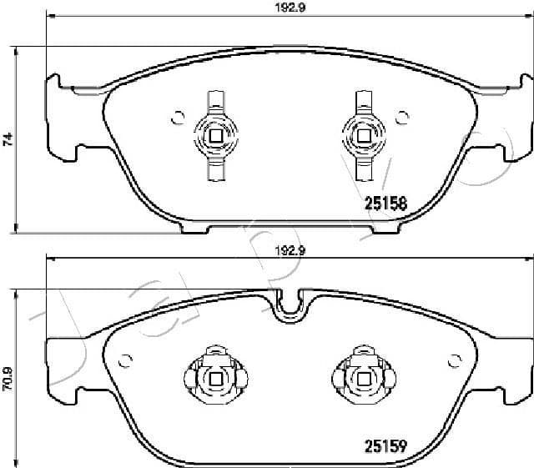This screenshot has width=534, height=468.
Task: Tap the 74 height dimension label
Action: tap(8, 138)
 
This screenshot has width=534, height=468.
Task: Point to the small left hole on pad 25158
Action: tap(175, 118)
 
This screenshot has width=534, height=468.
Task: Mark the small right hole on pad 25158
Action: tap(401, 117)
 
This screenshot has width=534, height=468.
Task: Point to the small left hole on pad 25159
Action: tap(126, 361)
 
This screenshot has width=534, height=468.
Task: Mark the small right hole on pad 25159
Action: tap(455, 361)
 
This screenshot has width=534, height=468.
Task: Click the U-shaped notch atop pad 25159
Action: tap(288, 305)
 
